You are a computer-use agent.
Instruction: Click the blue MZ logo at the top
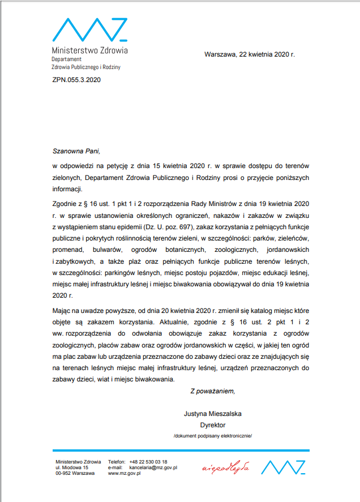coord(89,29)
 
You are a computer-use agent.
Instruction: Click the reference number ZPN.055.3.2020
coord(76,80)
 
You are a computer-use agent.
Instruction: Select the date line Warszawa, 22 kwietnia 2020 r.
coord(249,55)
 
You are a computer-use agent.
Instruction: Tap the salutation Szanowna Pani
coord(75,151)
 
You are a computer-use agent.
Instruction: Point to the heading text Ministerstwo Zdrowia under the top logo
coord(89,50)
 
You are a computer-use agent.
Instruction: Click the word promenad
coord(70,248)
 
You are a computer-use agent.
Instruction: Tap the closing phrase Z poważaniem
coord(212,391)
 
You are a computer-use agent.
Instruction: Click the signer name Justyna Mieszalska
coord(213,414)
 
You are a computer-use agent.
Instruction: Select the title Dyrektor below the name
coord(213,424)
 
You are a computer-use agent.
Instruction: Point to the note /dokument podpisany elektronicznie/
coord(213,436)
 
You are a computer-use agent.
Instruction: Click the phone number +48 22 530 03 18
coord(148,462)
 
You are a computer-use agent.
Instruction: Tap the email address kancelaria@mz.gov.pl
coord(153,467)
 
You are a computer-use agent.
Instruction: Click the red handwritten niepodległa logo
coord(226,467)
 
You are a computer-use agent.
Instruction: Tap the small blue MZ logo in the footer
coord(284,467)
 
